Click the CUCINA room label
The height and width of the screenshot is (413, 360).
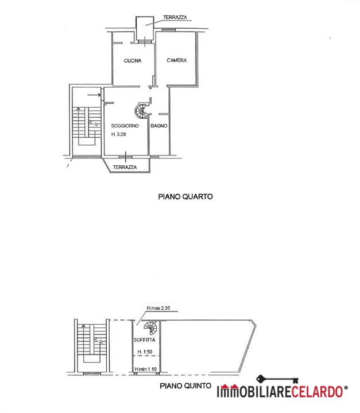pos(133,61)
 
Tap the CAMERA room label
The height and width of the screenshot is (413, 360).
pos(177,60)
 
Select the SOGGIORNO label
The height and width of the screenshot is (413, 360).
pos(125,126)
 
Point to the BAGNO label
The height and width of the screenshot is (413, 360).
pos(159,126)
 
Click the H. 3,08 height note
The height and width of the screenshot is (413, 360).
pos(119,134)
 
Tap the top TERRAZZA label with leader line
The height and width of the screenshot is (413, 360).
pos(175,17)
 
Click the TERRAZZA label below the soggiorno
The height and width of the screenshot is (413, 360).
pos(125,167)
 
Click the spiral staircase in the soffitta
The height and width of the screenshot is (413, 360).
pos(150,328)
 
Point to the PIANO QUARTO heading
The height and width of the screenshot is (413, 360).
pos(185,197)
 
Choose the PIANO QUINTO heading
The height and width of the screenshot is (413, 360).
pos(185,386)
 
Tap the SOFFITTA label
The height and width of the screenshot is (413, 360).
pos(144,340)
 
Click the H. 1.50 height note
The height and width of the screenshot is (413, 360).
pos(145,352)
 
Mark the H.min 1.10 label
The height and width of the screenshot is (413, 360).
pos(146,369)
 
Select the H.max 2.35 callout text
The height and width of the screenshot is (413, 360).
pos(158,308)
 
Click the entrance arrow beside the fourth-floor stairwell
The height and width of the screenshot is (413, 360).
pos(94,95)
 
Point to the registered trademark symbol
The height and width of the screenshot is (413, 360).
pos(346,388)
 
